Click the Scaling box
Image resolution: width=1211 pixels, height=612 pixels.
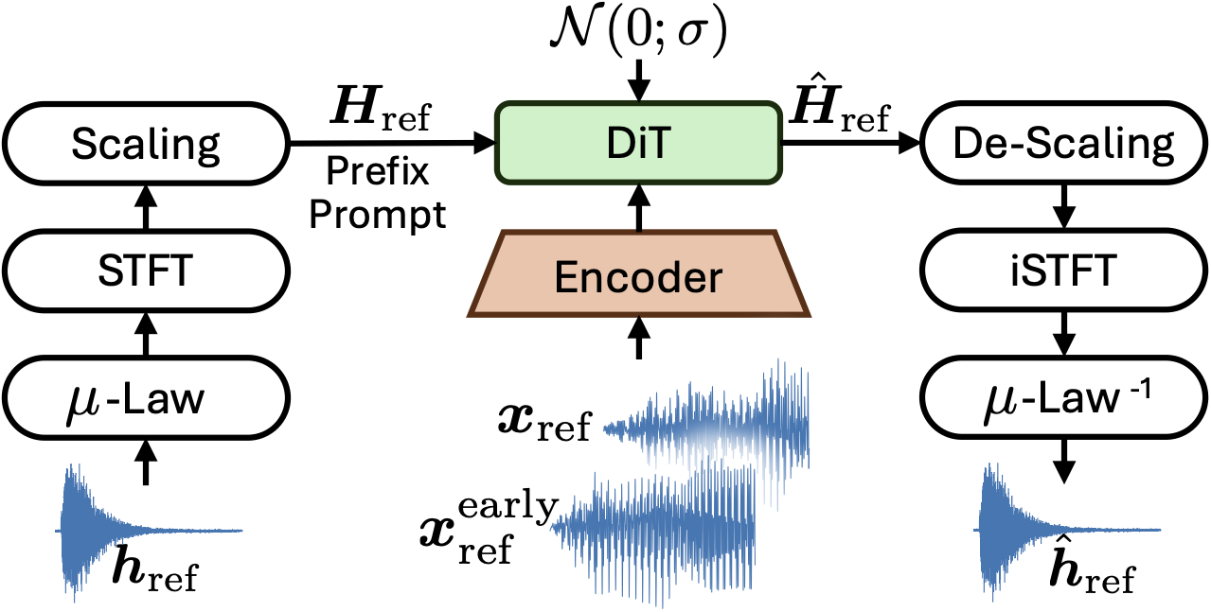click(x=146, y=145)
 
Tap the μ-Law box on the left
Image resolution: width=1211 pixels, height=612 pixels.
click(x=146, y=401)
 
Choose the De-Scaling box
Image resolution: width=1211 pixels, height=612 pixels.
click(x=1064, y=145)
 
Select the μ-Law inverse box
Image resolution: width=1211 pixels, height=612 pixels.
click(x=1064, y=401)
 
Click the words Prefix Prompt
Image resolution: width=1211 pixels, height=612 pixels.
click(x=378, y=194)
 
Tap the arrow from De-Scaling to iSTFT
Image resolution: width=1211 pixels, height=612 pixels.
click(x=1064, y=208)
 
